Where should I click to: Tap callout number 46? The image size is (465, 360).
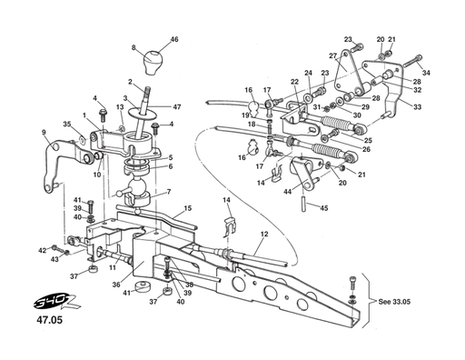pos(174,40)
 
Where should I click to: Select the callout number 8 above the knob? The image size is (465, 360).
pos(134,47)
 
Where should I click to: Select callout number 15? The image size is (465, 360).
pos(188,208)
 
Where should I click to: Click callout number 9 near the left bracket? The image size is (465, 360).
pos(44,133)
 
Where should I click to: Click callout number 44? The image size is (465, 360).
pos(287,191)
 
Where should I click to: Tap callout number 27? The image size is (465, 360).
pos(333,56)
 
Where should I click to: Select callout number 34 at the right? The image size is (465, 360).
pos(427,72)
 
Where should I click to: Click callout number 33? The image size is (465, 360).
pos(417,106)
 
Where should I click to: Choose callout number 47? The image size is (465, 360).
pos(177,106)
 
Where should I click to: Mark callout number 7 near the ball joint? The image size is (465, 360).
pos(167,192)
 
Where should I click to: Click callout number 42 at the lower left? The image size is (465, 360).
pos(43,250)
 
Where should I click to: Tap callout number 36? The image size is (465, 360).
pos(116,284)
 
